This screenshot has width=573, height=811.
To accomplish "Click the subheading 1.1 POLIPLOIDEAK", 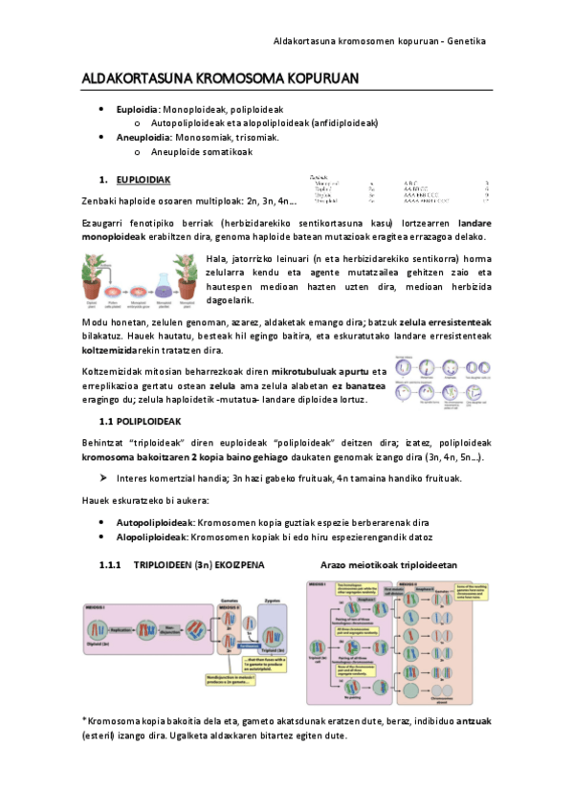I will tap(147, 421).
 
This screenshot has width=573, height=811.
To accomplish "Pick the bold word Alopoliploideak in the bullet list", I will tap(153, 537).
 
